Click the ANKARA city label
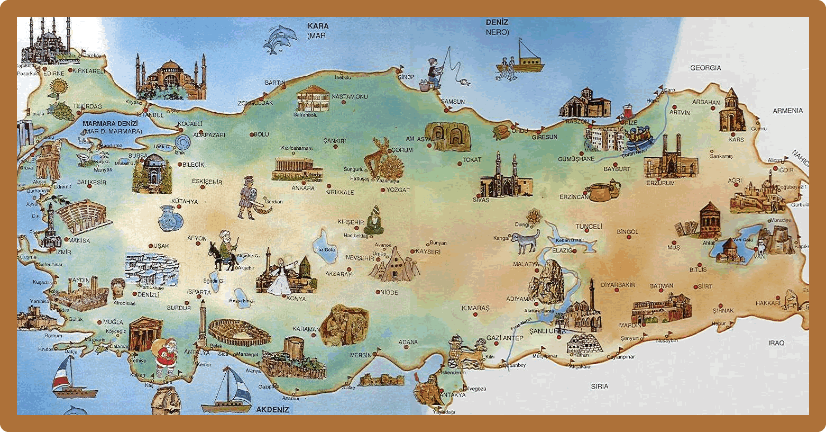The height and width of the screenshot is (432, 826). (x=303, y=188)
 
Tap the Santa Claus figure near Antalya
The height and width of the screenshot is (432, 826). (x=165, y=358)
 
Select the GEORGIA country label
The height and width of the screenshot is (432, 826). (x=705, y=68)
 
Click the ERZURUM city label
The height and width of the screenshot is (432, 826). (x=660, y=183)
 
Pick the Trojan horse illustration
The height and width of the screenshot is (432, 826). (x=49, y=158)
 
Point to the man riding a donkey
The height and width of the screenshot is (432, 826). (x=224, y=251)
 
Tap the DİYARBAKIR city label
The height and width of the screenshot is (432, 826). (x=618, y=285)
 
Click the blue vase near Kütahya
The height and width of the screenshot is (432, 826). (x=170, y=218)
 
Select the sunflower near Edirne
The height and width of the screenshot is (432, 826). (x=58, y=88)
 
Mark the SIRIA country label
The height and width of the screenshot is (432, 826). (x=600, y=386)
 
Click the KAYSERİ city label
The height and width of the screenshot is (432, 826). (x=428, y=252)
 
